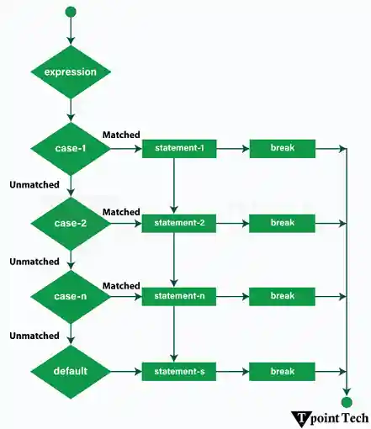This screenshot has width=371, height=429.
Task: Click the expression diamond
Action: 71,71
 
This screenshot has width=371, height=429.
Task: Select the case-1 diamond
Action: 71,149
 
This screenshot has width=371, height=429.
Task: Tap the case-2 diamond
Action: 71,224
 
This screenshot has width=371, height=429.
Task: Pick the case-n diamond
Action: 71,296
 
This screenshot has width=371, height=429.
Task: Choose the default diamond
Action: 71,370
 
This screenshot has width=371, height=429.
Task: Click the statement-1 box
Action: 174,149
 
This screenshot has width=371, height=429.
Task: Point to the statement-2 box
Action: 174,224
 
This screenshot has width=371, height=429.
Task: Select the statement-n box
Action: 174,297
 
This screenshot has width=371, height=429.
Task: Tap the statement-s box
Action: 174,371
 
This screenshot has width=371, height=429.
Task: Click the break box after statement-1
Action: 282,149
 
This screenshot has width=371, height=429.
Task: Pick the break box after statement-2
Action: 282,224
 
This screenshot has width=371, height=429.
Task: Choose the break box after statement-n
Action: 282,297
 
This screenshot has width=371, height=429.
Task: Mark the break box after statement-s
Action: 282,371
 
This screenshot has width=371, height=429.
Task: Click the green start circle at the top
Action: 71,12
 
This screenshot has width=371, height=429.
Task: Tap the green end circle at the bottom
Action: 347,402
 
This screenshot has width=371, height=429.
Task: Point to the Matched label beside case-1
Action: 120,135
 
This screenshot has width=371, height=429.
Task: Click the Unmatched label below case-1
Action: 34,184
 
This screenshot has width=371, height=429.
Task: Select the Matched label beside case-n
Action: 120,286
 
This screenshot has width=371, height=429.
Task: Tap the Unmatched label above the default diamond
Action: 34,336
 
